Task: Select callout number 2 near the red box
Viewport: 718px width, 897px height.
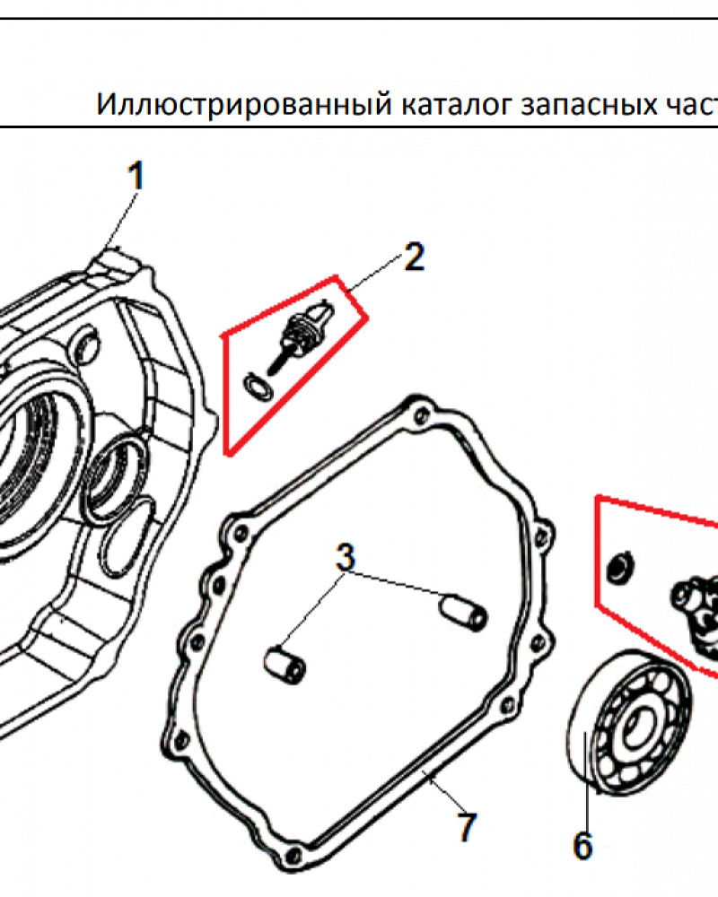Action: click(x=413, y=257)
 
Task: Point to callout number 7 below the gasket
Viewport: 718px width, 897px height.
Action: click(x=466, y=826)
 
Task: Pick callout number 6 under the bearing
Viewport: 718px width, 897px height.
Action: click(x=582, y=844)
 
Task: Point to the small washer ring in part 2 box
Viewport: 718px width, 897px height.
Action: click(x=255, y=387)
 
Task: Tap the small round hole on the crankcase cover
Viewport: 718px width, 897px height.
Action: click(x=88, y=343)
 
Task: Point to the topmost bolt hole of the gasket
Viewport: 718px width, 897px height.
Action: click(x=416, y=414)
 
